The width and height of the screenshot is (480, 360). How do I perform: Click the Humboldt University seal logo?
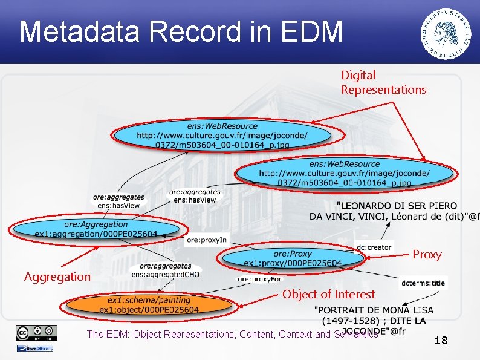(x=447, y=33)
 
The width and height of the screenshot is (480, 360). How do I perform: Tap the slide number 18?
(x=441, y=341)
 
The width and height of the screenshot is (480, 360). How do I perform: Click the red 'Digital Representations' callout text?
(x=383, y=83)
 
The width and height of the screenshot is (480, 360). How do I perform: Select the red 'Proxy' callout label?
(x=427, y=255)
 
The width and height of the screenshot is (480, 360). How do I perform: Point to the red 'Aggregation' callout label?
(x=57, y=277)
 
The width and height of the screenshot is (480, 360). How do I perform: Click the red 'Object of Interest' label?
(x=328, y=295)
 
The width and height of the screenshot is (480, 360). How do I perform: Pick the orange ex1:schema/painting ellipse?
(x=149, y=305)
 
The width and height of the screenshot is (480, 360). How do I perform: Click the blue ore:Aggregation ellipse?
(x=96, y=229)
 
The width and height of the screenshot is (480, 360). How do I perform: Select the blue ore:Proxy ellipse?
(x=293, y=258)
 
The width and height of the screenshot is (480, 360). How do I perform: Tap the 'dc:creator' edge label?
(x=374, y=247)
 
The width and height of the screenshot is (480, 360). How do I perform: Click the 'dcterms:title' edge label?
(x=423, y=283)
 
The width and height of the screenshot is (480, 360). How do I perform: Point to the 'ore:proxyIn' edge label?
(x=206, y=240)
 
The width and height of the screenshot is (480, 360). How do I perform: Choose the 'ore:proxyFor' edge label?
(x=259, y=279)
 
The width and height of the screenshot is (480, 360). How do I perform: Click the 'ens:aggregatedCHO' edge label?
(x=165, y=274)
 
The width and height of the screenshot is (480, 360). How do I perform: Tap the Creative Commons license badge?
(x=37, y=333)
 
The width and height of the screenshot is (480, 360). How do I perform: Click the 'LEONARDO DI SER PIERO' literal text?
(x=397, y=206)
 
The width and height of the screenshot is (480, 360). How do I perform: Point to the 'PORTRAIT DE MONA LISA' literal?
(x=374, y=310)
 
